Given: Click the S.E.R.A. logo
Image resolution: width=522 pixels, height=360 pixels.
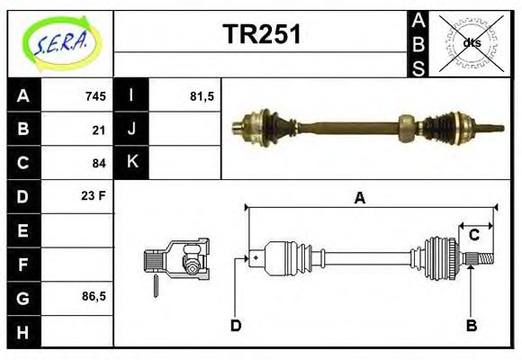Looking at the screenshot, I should coord(60,41).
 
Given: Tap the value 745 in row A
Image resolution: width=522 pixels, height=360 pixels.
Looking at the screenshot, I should coord(95,96).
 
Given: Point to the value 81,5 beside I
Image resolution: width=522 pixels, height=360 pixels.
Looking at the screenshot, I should coord(202,96).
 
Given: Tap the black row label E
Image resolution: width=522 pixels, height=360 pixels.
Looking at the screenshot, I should coord(22,230).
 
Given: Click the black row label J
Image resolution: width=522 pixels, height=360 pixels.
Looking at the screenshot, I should coord(131,130).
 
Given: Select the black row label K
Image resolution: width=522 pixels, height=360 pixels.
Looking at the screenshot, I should coord(131,163).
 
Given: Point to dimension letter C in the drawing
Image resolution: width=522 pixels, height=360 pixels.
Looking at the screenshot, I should coord(472,236).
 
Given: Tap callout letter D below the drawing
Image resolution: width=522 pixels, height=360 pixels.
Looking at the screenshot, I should coord(236,325).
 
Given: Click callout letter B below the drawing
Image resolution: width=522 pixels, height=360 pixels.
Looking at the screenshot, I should coord(471,325).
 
